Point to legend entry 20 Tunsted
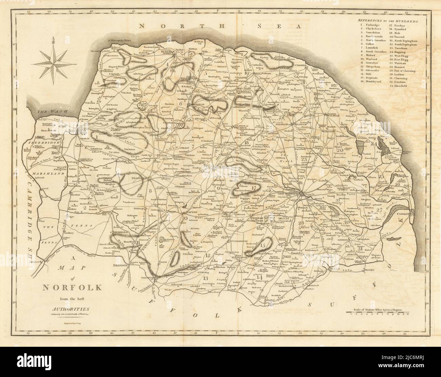click(402, 37)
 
